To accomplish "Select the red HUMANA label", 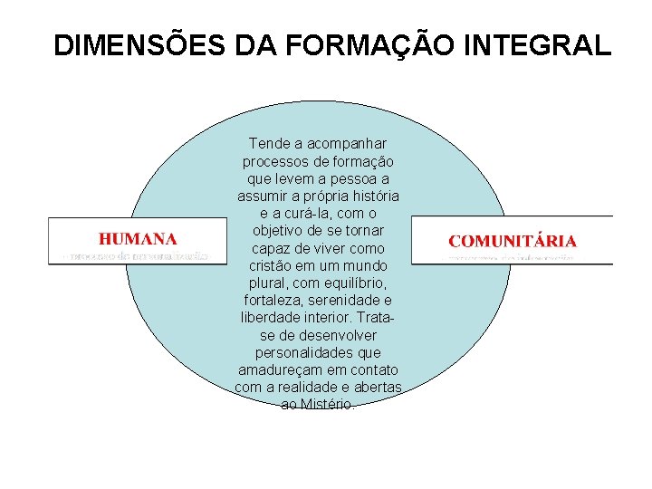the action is pyautogui.click(x=138, y=239).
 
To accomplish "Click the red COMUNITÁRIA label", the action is pyautogui.click(x=513, y=241).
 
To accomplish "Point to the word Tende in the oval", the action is pyautogui.click(x=266, y=144).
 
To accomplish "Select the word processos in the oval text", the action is pyautogui.click(x=273, y=161).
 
